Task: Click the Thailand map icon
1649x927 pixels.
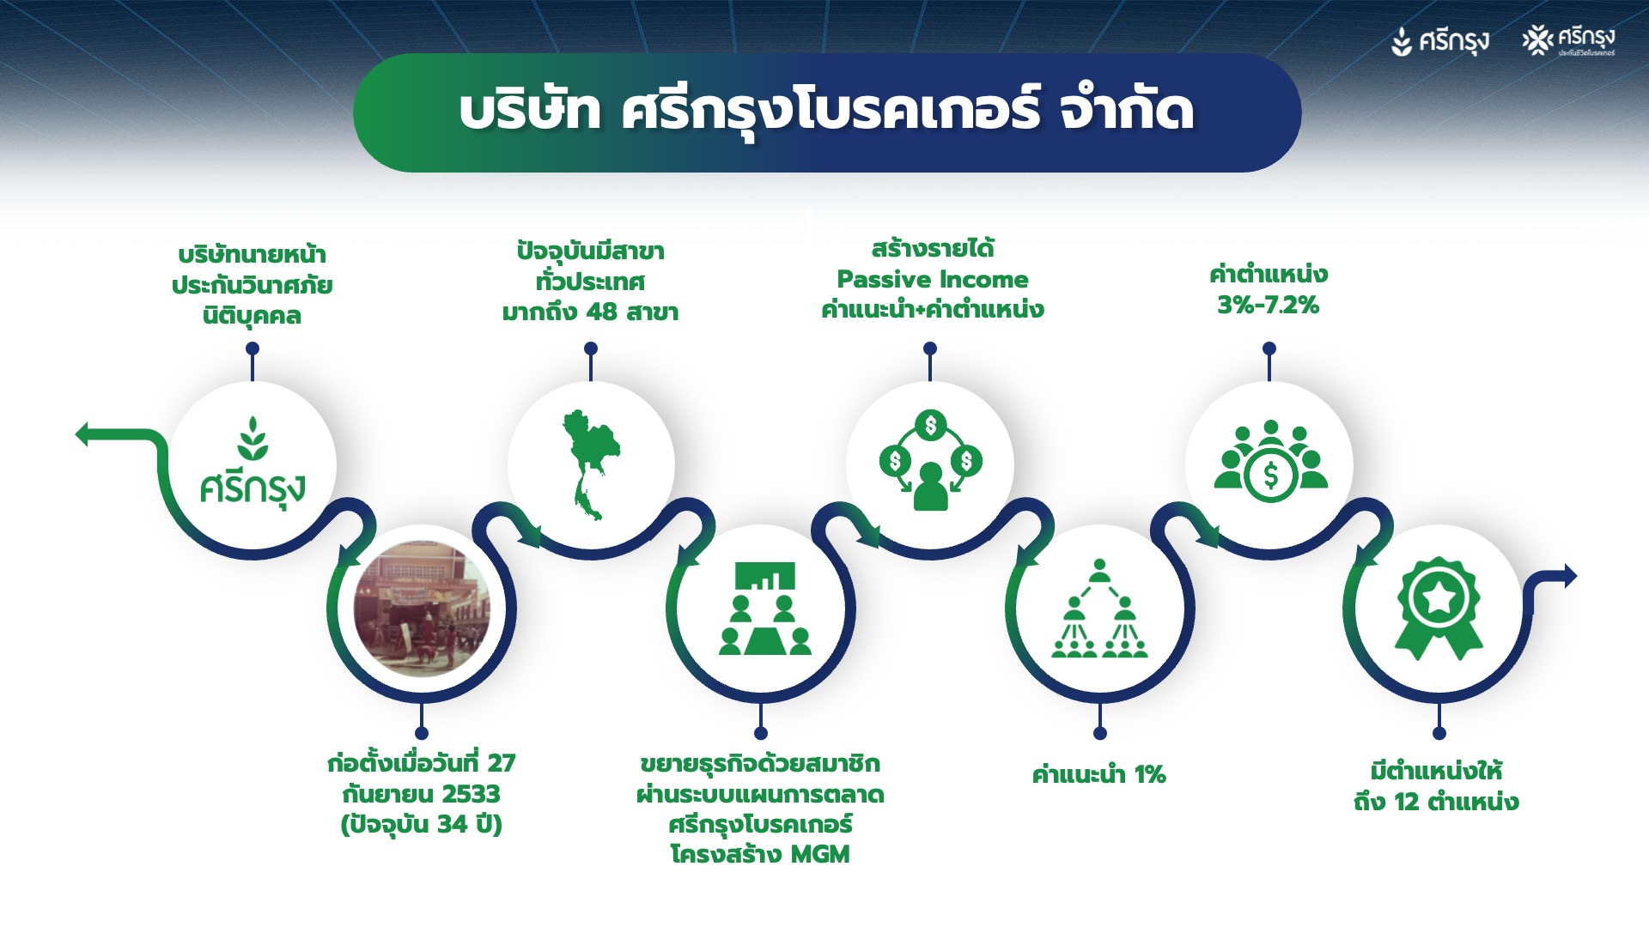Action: point(589,464)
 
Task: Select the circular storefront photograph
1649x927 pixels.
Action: point(422,609)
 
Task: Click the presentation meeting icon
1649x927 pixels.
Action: point(764,609)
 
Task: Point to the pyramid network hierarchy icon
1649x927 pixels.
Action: point(1099,609)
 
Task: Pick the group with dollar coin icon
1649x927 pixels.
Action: point(1270,461)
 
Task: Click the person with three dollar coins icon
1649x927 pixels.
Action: point(930,461)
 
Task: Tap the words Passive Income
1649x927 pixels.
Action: point(932,279)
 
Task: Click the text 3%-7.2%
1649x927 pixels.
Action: point(1268,305)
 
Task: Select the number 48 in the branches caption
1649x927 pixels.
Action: point(601,312)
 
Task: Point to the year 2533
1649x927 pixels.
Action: point(471,794)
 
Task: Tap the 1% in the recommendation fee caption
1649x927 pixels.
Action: point(1150,775)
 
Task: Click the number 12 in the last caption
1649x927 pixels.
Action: point(1406,803)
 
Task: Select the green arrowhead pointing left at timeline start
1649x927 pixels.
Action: point(82,435)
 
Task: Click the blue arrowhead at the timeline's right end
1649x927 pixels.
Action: point(1570,576)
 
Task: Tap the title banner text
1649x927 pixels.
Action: point(826,112)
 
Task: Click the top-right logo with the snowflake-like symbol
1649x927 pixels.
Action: point(1568,40)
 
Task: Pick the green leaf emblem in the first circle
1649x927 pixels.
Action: point(253,438)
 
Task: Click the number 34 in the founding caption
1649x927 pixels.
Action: point(453,824)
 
